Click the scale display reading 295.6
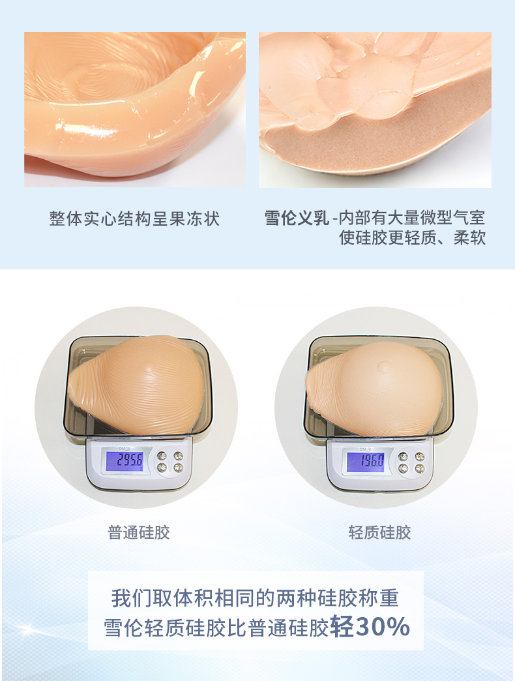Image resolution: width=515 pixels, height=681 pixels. pyautogui.click(x=125, y=461)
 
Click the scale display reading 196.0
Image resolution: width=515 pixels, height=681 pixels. pyautogui.click(x=365, y=461)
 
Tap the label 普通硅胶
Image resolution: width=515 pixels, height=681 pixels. pyautogui.click(x=138, y=532)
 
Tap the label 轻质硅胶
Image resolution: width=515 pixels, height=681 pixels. pyautogui.click(x=379, y=532)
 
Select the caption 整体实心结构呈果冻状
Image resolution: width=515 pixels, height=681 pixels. pyautogui.click(x=134, y=219)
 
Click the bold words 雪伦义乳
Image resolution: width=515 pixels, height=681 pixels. pyautogui.click(x=297, y=218)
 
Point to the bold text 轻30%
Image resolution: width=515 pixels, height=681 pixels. pyautogui.click(x=370, y=627)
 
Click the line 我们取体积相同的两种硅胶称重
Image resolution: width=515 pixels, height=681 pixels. pyautogui.click(x=255, y=598)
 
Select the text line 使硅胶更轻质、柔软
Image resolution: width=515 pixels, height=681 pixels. pyautogui.click(x=412, y=237)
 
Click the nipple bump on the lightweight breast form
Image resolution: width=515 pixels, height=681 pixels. pyautogui.click(x=383, y=367)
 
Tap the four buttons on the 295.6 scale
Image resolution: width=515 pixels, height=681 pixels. pyautogui.click(x=170, y=461)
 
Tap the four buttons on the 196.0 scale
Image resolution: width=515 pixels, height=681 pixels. pyautogui.click(x=411, y=462)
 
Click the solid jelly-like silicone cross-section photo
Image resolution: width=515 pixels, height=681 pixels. pyautogui.click(x=135, y=110)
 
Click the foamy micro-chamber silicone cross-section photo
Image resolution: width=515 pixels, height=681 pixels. pyautogui.click(x=375, y=110)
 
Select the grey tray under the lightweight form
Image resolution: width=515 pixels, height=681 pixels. pyautogui.click(x=379, y=387)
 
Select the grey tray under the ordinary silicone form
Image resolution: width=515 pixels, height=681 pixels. pyautogui.click(x=138, y=387)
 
